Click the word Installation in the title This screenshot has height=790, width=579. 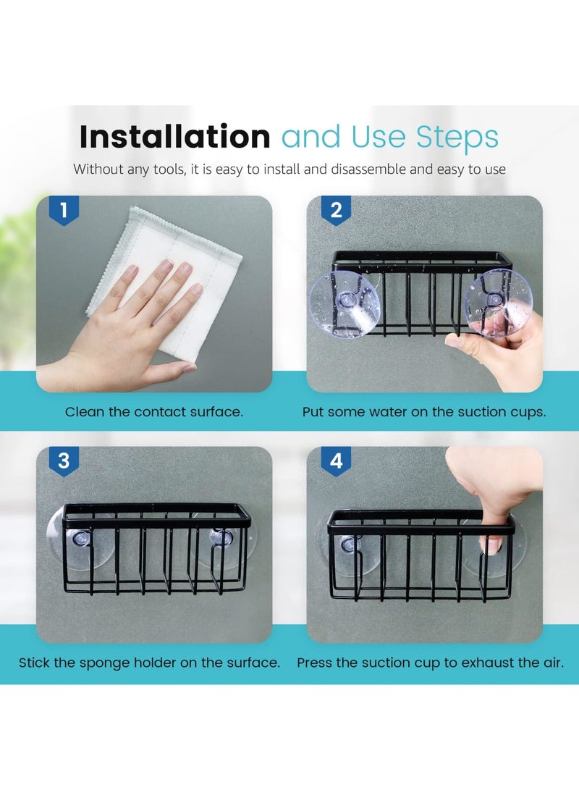tap(174, 136)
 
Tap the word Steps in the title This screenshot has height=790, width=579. tap(457, 137)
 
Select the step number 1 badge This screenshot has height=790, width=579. tap(64, 210)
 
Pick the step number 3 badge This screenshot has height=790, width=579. tap(64, 461)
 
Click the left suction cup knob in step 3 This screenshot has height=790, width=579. tap(80, 539)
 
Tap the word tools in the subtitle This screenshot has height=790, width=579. tap(169, 169)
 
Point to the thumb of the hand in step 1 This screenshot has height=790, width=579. tap(166, 374)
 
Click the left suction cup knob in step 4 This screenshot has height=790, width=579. tap(348, 544)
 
